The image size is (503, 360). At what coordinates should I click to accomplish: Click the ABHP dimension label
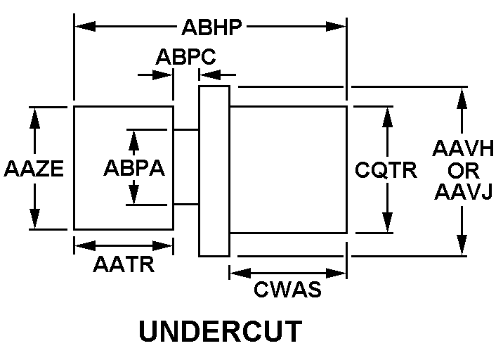(211, 27)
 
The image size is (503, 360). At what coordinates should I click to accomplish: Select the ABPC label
(186, 56)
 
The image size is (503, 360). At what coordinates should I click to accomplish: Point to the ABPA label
(134, 169)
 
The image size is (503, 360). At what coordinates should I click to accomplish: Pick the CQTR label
(386, 169)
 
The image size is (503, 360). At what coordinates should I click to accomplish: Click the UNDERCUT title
(221, 332)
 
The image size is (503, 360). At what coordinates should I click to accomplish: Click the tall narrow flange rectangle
(214, 171)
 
